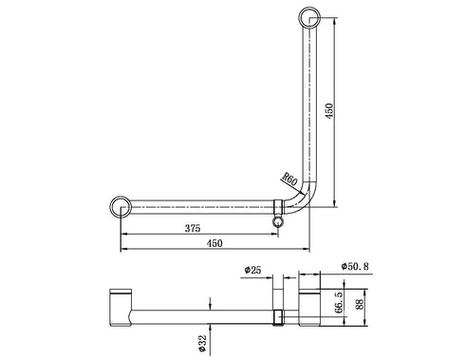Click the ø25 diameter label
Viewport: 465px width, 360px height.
(252, 270)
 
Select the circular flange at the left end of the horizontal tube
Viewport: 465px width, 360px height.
(120, 206)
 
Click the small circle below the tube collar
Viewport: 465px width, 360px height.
(277, 221)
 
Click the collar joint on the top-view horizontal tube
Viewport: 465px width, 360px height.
(278, 206)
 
